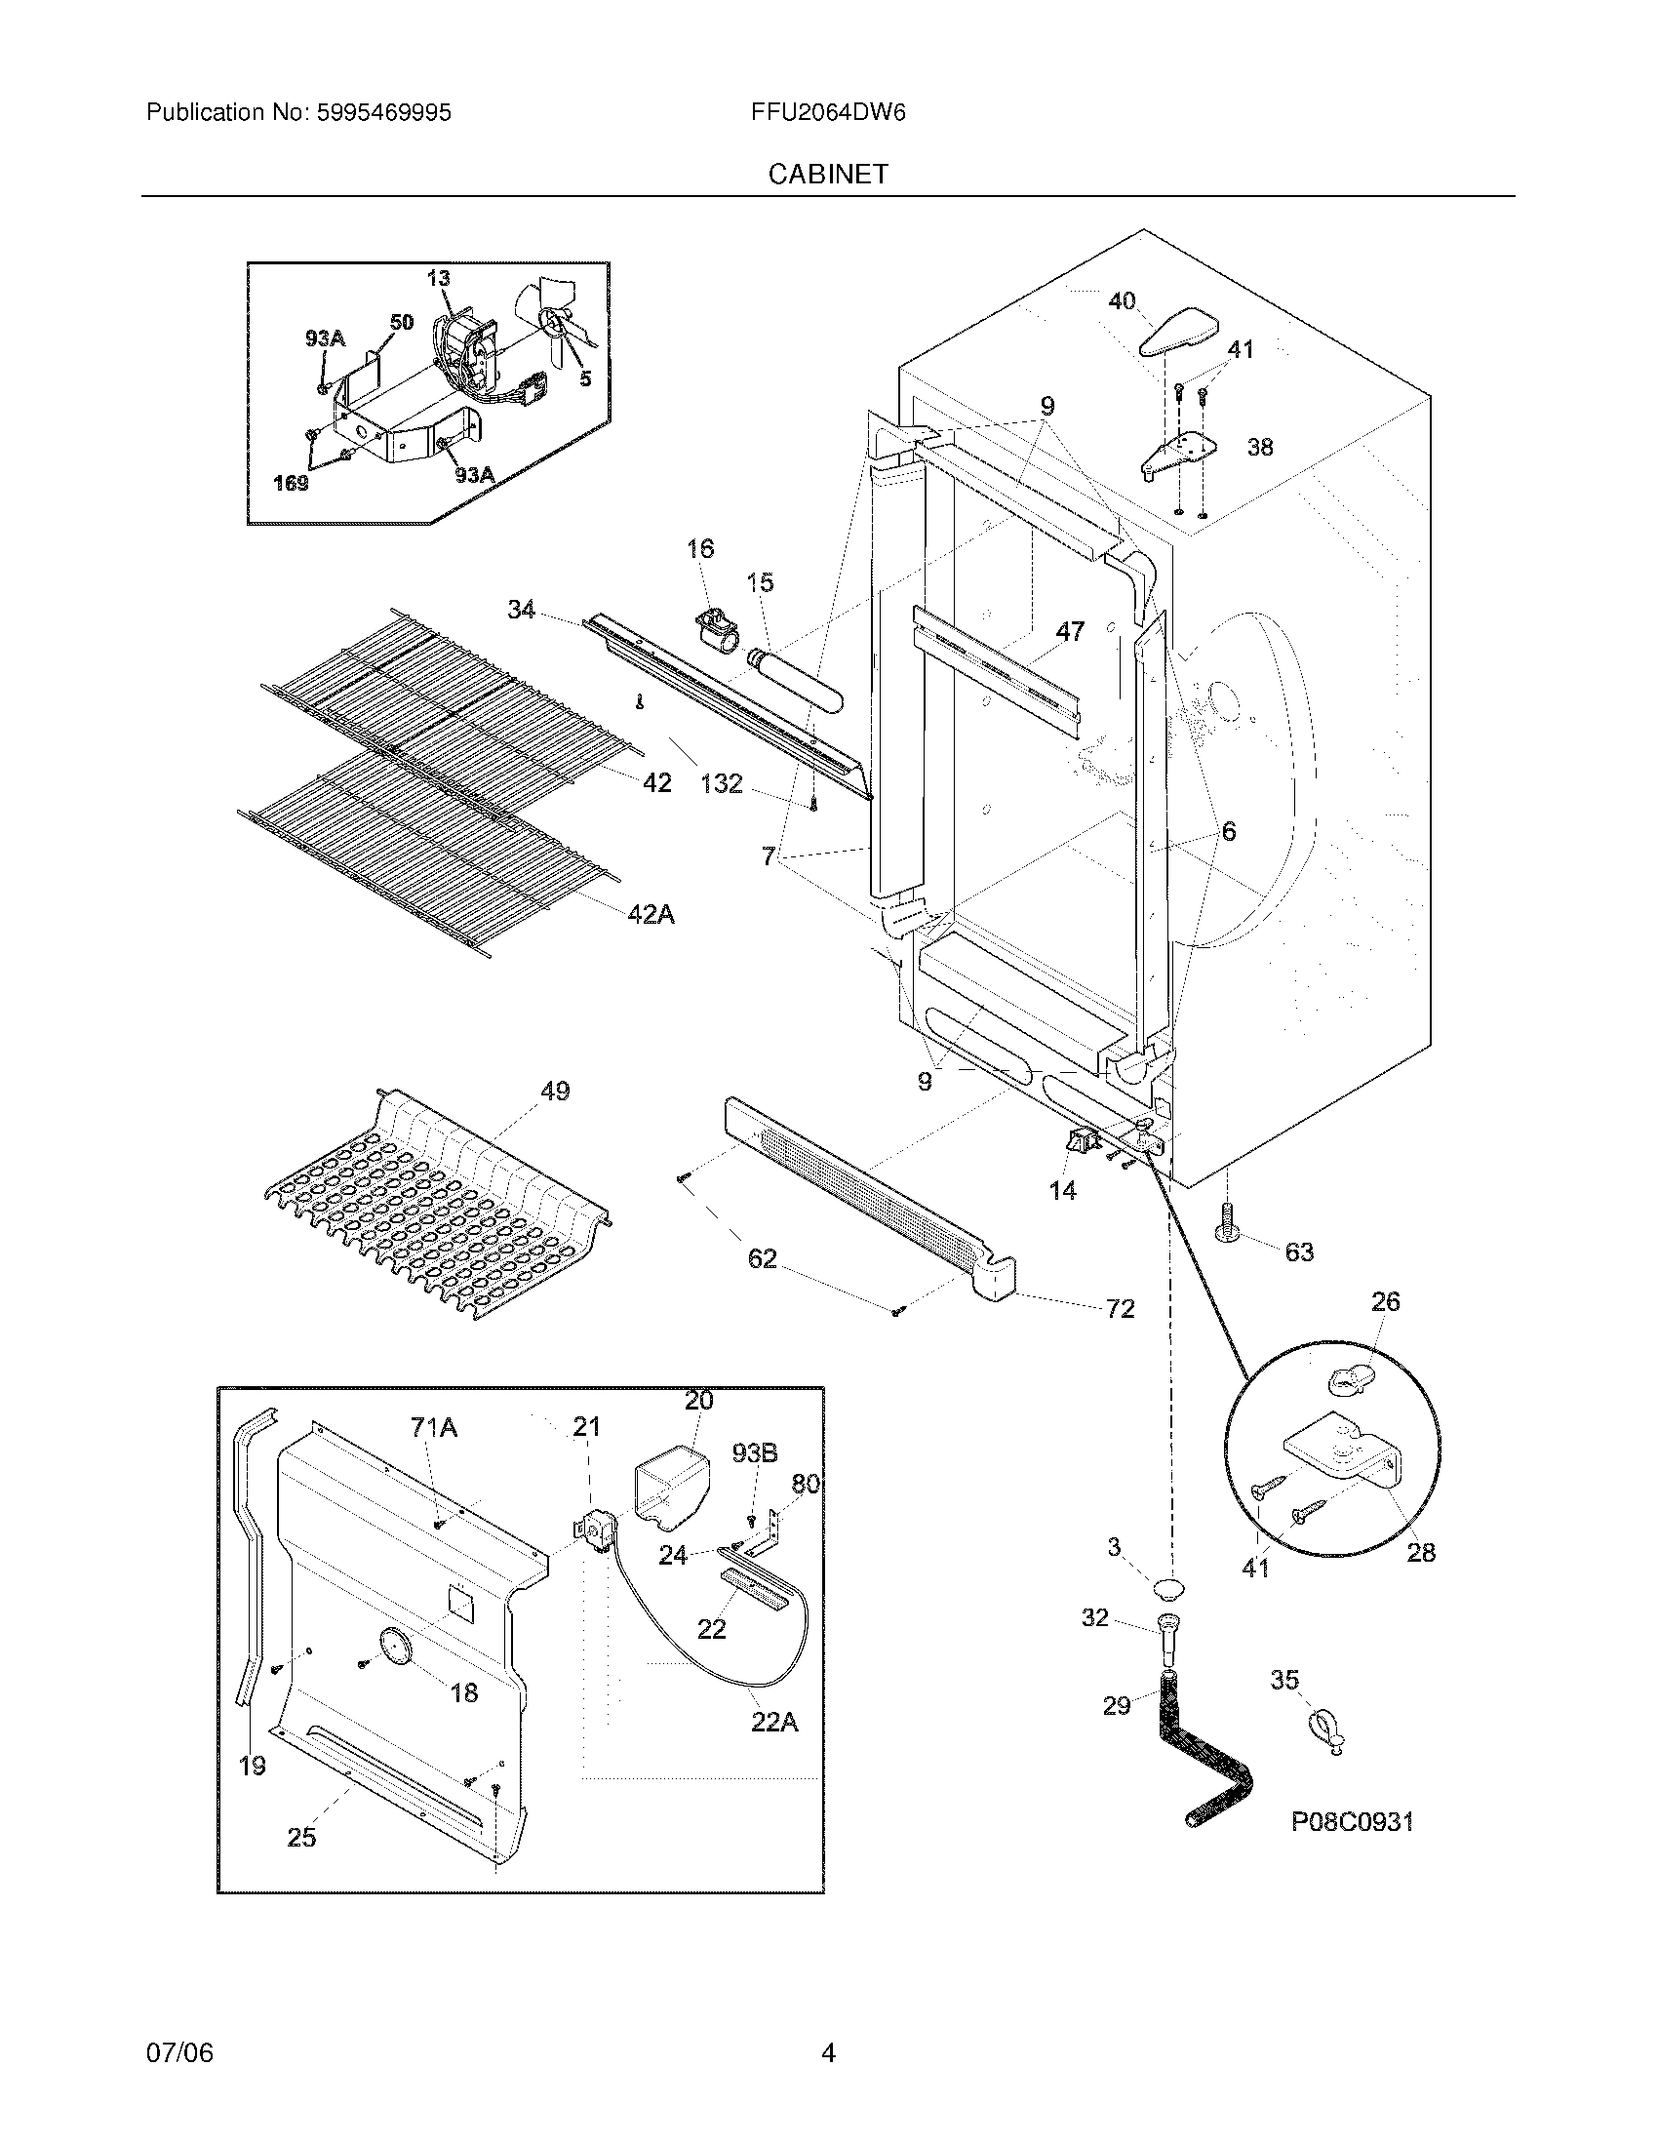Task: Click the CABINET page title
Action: [x=827, y=175]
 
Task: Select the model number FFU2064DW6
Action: [x=827, y=113]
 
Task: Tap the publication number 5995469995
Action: [x=383, y=113]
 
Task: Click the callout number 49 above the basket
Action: [x=555, y=1091]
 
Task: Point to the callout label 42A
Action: [x=651, y=915]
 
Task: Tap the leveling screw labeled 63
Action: [x=1227, y=1222]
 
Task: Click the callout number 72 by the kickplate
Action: [x=1120, y=1308]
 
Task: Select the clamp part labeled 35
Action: [x=1326, y=1732]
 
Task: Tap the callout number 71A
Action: [x=434, y=1428]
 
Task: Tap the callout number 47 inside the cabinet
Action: [x=1069, y=631]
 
